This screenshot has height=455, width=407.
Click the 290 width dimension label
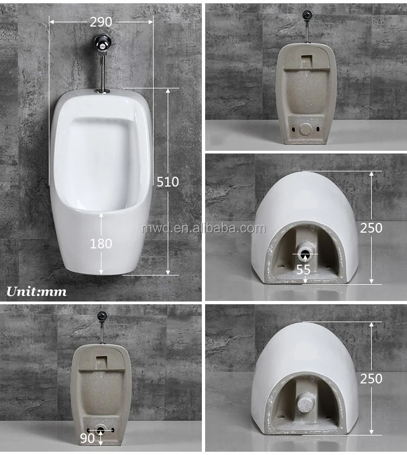click(x=101, y=22)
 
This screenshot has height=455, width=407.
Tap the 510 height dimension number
click(x=168, y=182)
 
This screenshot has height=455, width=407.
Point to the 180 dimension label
click(x=101, y=243)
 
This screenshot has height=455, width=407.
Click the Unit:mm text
click(x=36, y=292)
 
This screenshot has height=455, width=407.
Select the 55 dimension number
click(x=304, y=268)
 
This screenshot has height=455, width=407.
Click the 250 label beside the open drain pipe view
click(x=371, y=228)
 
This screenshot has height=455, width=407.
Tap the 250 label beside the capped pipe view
click(x=371, y=379)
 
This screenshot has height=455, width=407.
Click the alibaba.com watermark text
click(x=203, y=228)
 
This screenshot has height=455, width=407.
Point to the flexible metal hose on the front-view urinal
click(x=101, y=68)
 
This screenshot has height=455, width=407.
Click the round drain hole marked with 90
click(x=101, y=430)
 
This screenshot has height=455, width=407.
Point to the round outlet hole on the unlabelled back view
click(x=307, y=129)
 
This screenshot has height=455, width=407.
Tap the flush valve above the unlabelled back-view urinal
click(x=307, y=15)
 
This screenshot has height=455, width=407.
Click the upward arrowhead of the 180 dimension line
click(x=101, y=216)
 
